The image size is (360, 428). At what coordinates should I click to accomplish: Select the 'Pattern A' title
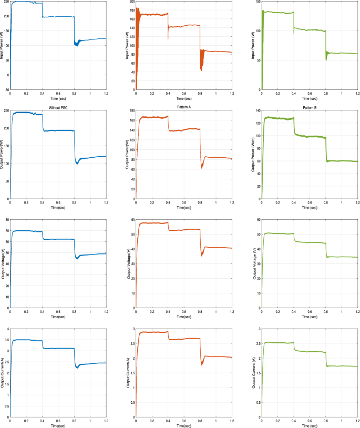[x=184, y=107]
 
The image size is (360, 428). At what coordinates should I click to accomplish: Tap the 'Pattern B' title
[x=310, y=107]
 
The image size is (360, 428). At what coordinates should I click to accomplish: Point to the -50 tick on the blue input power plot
[x=6, y=90]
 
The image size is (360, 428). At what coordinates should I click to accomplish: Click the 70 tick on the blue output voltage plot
[x=7, y=231]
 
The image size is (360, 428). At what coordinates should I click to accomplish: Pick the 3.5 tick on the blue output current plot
[x=6, y=340]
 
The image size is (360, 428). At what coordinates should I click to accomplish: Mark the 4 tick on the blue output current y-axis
[x=7, y=329]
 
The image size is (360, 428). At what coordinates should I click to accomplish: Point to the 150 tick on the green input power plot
[x=258, y=2]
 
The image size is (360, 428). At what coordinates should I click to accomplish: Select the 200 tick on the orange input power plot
[x=132, y=2]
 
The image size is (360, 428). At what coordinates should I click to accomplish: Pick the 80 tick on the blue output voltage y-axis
[x=7, y=218]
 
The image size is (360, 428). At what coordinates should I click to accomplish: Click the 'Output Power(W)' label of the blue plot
[x=3, y=155]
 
